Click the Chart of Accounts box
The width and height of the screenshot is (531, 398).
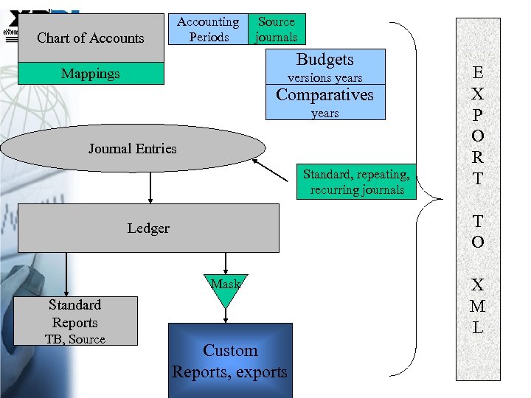click(91, 38)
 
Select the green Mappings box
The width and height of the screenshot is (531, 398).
click(91, 74)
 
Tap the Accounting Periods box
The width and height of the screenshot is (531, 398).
click(209, 29)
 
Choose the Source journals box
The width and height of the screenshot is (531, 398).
click(277, 29)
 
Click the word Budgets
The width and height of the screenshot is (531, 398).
click(324, 60)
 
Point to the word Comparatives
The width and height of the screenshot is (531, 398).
click(324, 95)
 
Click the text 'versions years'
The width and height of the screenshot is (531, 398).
click(324, 78)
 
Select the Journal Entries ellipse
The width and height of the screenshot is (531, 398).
click(133, 148)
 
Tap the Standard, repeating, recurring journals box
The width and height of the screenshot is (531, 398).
click(357, 182)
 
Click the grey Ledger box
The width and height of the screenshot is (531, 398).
click(148, 228)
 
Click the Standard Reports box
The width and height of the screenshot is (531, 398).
click(75, 321)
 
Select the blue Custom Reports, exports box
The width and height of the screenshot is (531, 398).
click(230, 361)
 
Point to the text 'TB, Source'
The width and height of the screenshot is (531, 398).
click(75, 340)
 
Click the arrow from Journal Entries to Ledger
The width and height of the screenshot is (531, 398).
click(150, 187)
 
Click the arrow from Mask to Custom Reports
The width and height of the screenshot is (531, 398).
click(226, 315)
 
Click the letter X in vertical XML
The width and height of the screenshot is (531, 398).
click(478, 285)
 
